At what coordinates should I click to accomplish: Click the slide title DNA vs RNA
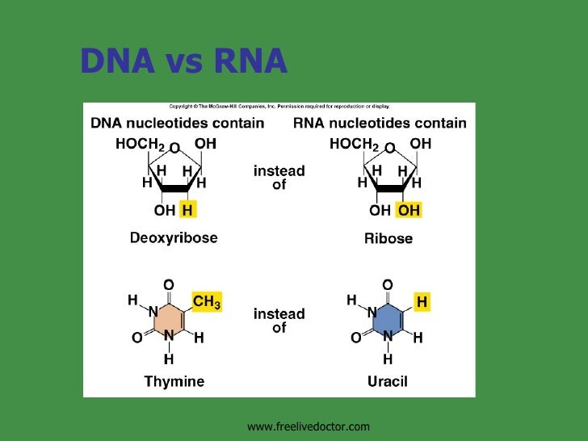183,61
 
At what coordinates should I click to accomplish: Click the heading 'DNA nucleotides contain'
177,124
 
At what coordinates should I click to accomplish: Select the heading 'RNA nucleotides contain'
379,124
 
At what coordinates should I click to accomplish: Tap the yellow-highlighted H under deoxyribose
187,211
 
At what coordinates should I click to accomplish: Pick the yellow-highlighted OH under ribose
408,211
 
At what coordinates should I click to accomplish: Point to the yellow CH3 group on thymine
205,302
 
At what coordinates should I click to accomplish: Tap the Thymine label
174,381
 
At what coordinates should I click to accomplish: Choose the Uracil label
388,381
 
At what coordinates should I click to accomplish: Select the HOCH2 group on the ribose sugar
354,145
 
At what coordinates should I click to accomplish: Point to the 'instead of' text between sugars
279,178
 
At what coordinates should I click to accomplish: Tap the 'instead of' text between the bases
279,321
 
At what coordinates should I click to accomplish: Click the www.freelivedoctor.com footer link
308,426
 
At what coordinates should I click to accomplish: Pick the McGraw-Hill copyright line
279,106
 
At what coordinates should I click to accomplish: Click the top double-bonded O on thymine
168,284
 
